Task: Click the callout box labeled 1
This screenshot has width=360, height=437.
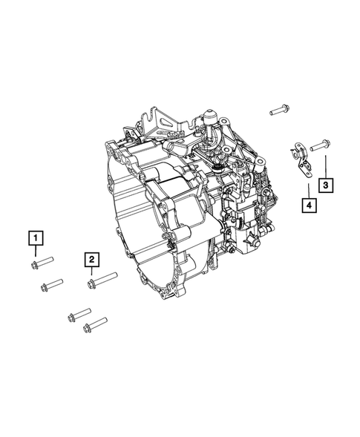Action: (35, 239)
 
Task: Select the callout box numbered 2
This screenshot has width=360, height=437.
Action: (91, 259)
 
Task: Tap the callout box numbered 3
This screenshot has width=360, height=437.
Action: (325, 184)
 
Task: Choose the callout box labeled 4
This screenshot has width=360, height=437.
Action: (306, 203)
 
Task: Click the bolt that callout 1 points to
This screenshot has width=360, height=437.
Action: (42, 261)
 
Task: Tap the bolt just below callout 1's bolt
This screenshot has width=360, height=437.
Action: (50, 284)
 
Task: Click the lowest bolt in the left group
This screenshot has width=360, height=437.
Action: (97, 325)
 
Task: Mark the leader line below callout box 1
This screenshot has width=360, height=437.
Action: (35, 252)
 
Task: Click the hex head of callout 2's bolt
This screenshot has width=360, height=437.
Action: (91, 283)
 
